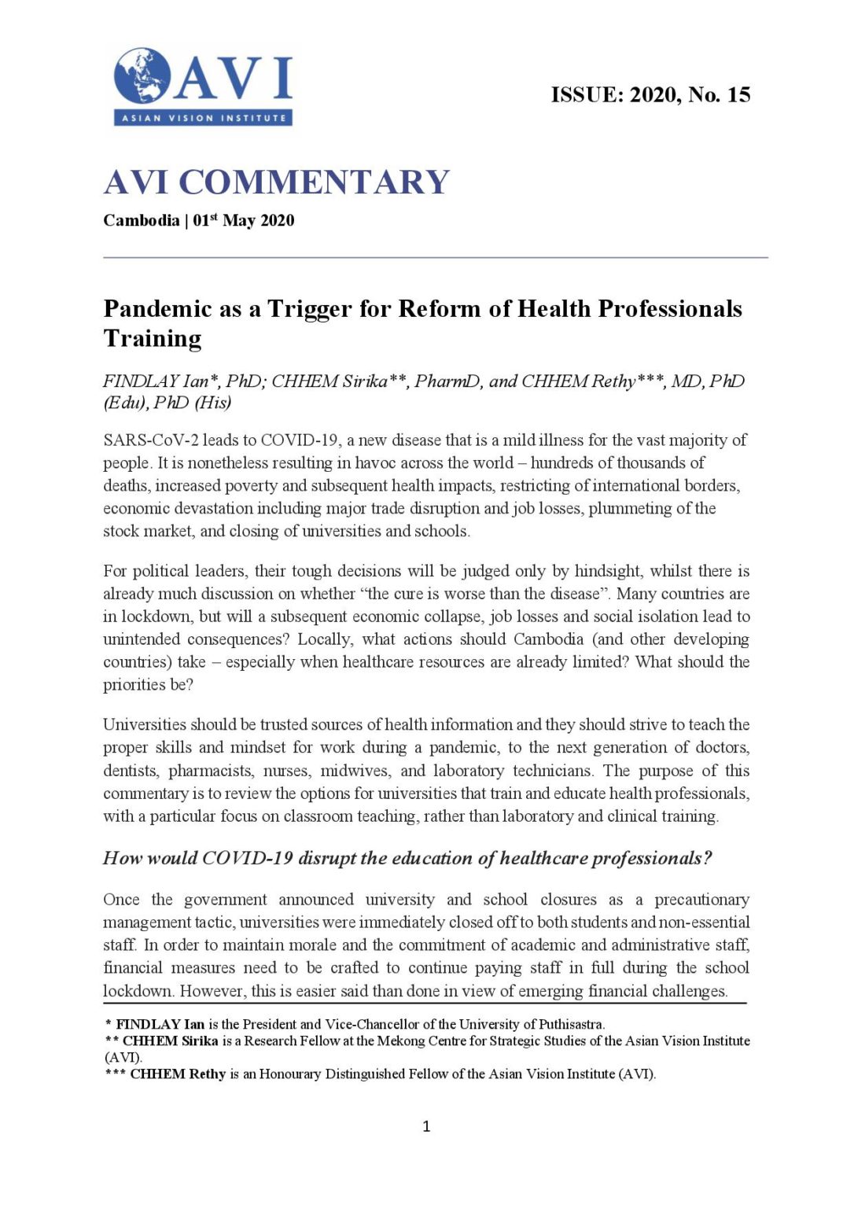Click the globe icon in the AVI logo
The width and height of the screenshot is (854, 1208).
pyautogui.click(x=142, y=75)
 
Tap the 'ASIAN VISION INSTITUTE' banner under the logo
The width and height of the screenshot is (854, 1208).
pyautogui.click(x=203, y=118)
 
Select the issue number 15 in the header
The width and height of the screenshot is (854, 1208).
pyautogui.click(x=738, y=95)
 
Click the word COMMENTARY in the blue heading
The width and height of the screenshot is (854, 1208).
pyautogui.click(x=314, y=182)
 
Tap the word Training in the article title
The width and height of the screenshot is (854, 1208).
pyautogui.click(x=153, y=338)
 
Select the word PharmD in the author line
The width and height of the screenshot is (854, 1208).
pyautogui.click(x=447, y=381)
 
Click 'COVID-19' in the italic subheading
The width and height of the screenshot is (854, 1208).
pyautogui.click(x=247, y=858)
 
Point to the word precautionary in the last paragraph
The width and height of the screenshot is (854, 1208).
pyautogui.click(x=702, y=900)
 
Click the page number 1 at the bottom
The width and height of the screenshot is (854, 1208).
pyautogui.click(x=426, y=1126)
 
